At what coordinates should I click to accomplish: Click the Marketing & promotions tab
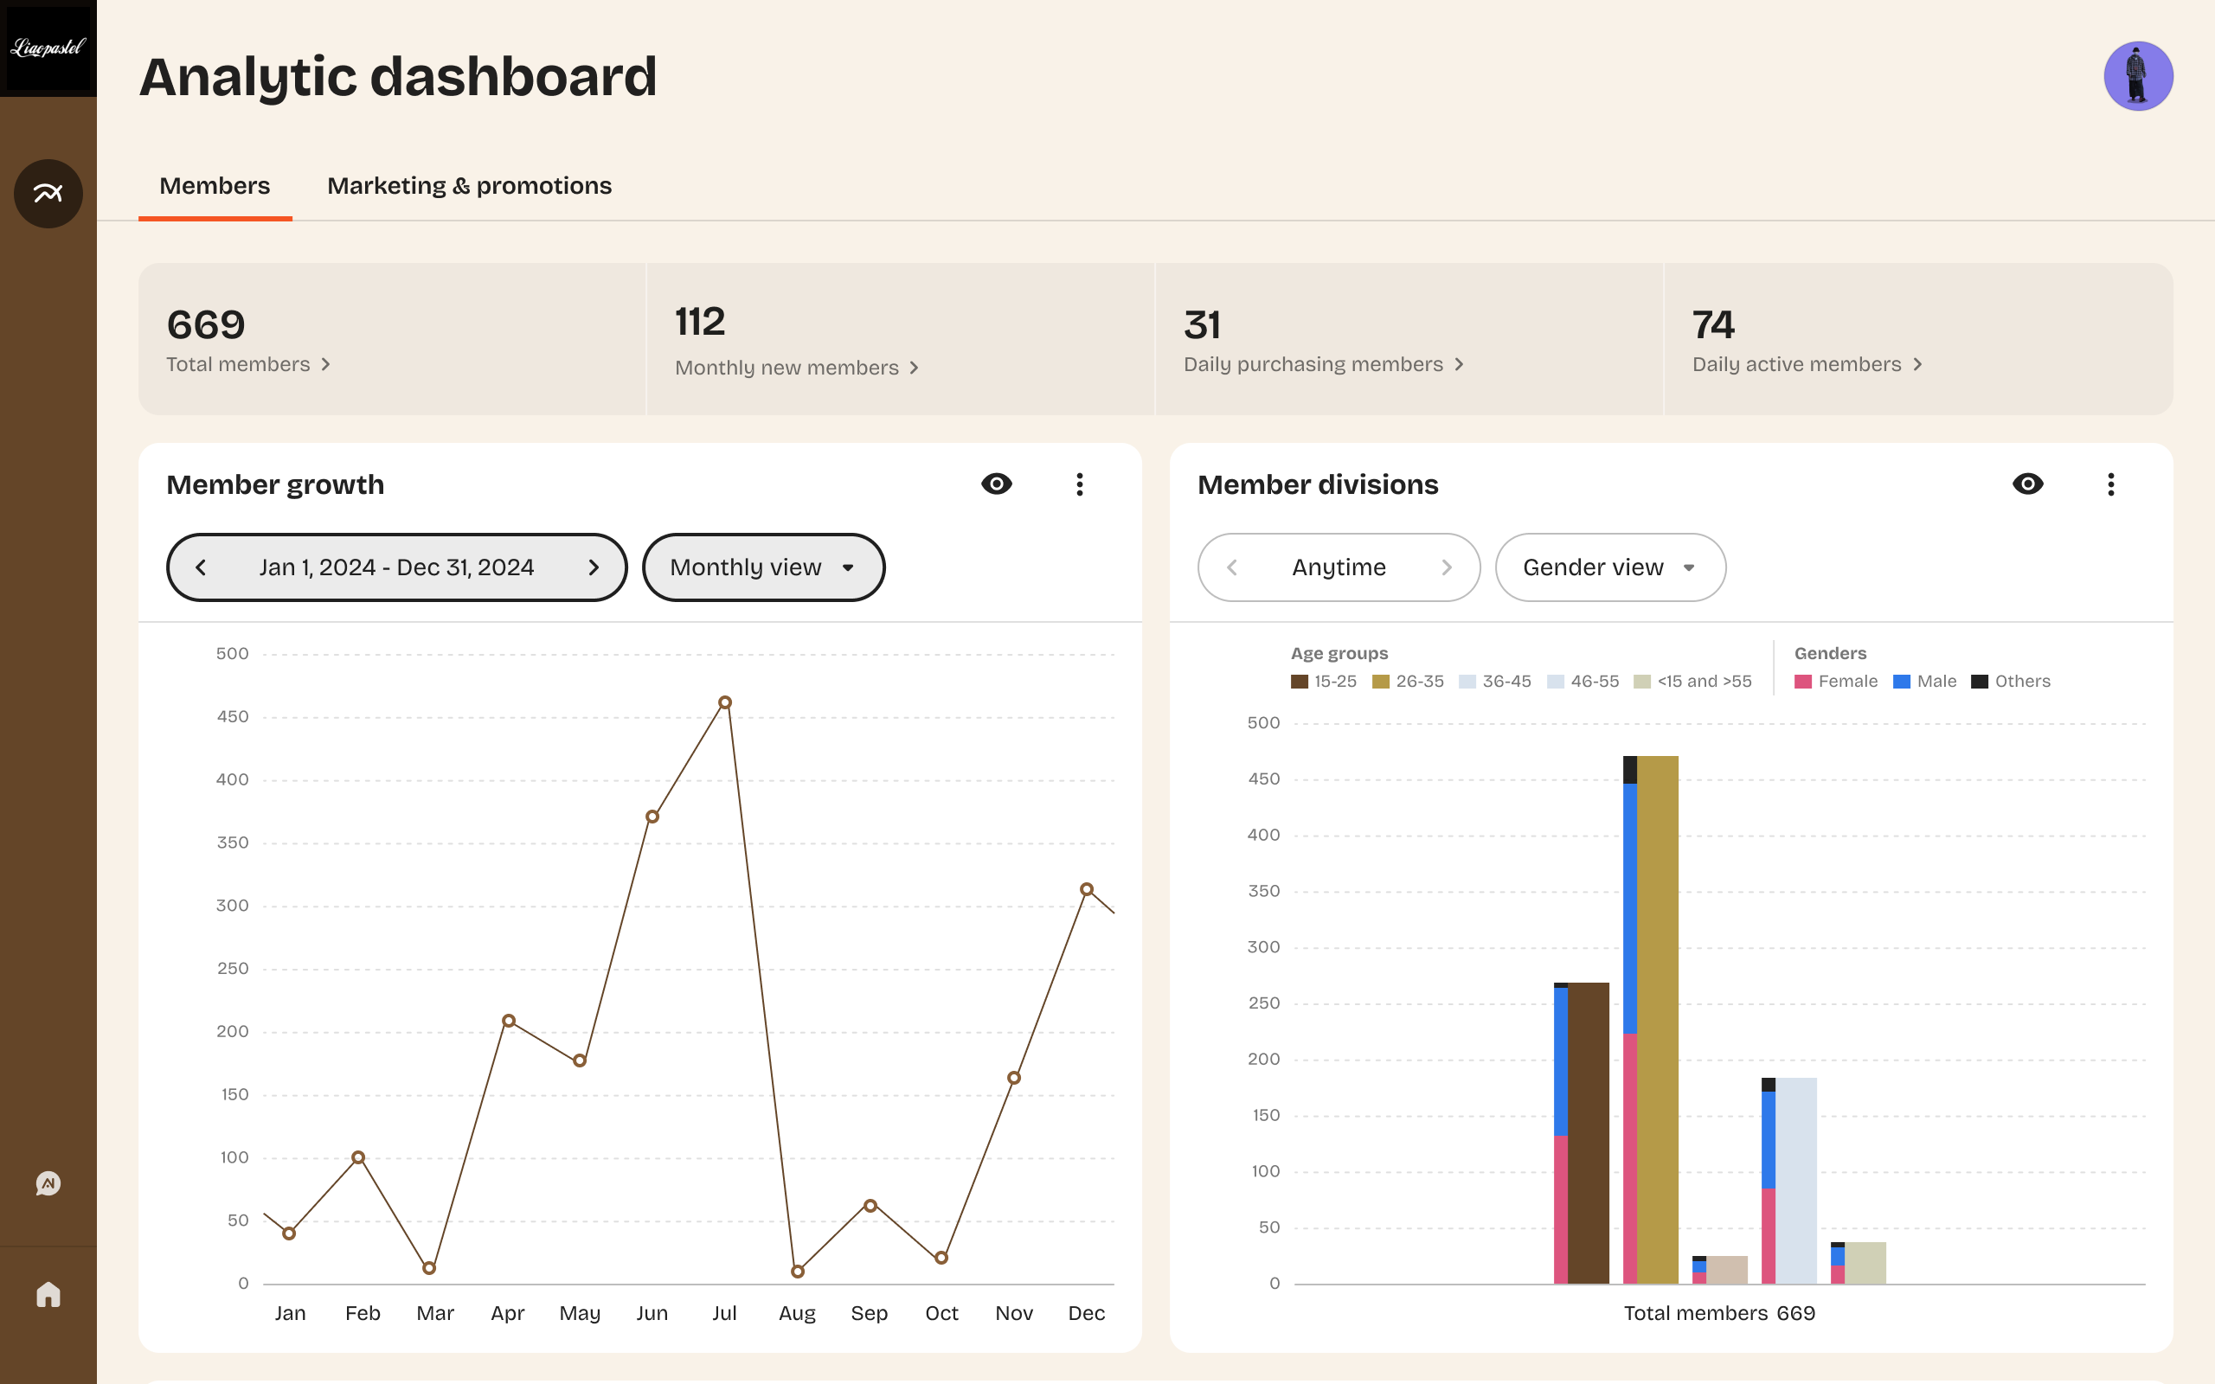469,186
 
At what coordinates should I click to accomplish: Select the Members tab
215,186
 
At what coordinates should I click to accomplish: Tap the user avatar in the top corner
2137,76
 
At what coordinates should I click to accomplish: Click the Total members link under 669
247,364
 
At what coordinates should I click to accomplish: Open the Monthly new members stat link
795,368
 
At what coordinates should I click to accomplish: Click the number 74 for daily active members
1712,325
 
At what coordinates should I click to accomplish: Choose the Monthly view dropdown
762,567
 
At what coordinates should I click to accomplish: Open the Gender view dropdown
1609,567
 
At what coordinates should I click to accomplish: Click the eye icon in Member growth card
996,484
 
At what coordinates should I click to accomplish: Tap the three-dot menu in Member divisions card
2110,484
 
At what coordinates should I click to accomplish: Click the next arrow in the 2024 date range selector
593,567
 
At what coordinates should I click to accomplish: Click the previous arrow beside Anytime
1232,567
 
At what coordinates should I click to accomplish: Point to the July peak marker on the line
724,703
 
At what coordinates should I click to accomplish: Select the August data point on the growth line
797,1272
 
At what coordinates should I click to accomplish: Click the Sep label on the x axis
869,1314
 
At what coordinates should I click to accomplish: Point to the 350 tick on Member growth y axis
233,843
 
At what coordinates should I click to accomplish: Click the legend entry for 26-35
1408,682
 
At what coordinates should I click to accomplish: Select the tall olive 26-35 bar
1657,1016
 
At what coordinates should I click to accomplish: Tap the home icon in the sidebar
48,1294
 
